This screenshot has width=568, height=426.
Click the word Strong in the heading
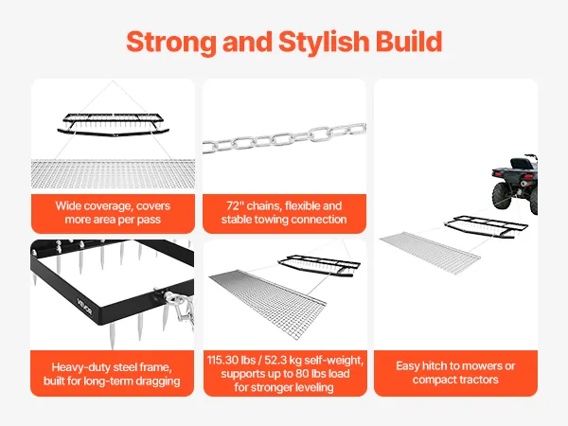[x=171, y=42]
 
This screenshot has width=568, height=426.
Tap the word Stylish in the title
[x=324, y=42]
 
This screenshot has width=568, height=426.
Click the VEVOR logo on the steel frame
[x=85, y=307]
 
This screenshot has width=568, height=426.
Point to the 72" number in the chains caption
[x=236, y=205]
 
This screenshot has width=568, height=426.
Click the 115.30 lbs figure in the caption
[x=230, y=360]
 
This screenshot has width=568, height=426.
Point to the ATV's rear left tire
[x=503, y=195]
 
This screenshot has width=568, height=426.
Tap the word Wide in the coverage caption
[x=68, y=205]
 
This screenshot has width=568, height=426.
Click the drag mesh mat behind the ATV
[x=430, y=252]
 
